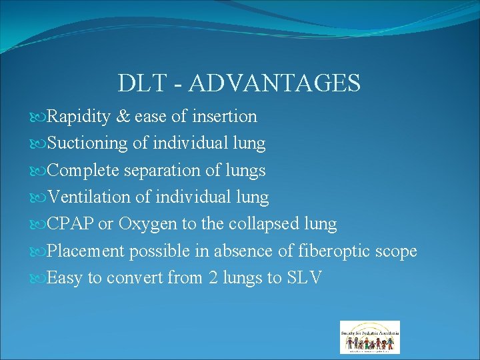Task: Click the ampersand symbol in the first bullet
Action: (123, 117)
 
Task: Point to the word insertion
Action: (224, 117)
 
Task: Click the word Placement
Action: (87, 251)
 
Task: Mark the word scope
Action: (396, 252)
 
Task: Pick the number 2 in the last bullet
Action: (213, 278)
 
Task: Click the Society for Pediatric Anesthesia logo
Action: (370, 337)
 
